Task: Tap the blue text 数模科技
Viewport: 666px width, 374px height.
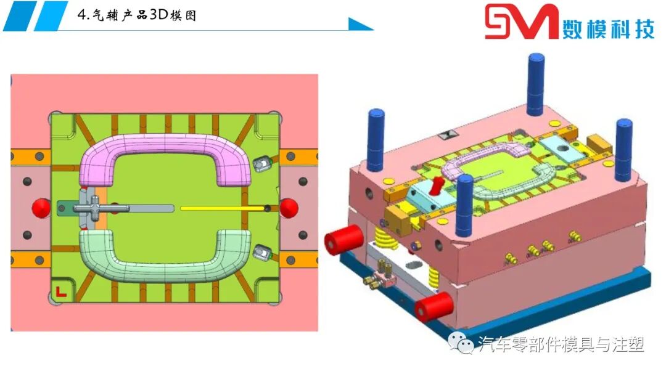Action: [609, 29]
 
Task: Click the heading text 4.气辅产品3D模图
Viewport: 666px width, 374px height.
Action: [137, 15]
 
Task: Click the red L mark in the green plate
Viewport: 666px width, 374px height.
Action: [61, 291]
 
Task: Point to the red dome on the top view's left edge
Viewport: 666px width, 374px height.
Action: [41, 208]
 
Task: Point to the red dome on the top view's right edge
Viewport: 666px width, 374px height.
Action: [289, 208]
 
